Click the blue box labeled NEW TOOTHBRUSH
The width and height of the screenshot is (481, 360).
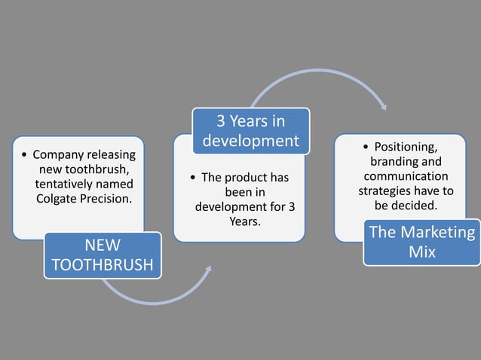click(x=102, y=255)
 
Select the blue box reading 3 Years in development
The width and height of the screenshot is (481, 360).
click(x=250, y=130)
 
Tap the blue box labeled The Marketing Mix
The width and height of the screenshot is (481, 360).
click(x=422, y=242)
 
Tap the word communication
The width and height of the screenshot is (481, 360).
click(x=406, y=176)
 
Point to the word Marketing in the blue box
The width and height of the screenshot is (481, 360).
click(x=439, y=232)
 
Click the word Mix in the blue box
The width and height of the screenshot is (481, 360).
click(x=422, y=252)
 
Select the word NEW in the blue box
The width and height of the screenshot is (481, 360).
click(x=102, y=245)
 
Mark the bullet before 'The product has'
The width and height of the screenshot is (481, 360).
click(x=194, y=178)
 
